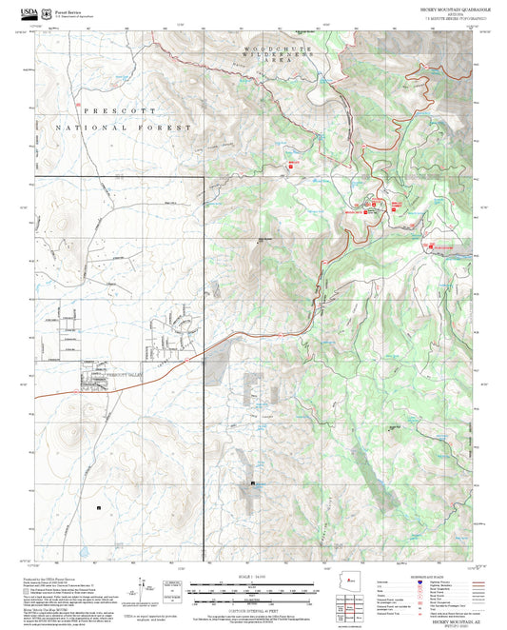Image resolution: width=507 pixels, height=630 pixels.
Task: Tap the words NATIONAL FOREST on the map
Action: tap(125, 127)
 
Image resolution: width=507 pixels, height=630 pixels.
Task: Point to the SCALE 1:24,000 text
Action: tap(253, 575)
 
